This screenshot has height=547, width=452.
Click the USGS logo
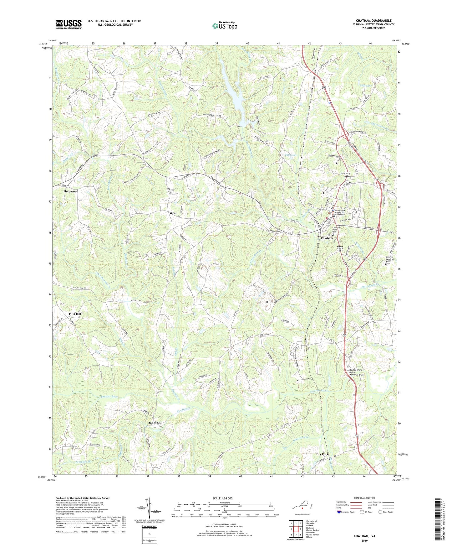69,24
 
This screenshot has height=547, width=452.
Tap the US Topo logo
224,26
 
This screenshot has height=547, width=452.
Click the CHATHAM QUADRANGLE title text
373,21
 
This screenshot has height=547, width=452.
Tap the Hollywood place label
71,191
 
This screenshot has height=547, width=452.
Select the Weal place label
173,213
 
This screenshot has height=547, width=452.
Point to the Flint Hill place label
75,314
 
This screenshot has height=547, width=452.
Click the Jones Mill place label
155,423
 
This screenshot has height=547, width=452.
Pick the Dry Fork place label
322,454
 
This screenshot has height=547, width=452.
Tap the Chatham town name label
327,238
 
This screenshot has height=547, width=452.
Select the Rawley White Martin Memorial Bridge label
357,372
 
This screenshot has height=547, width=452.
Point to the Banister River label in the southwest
109,397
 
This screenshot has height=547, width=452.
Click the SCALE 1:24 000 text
224,498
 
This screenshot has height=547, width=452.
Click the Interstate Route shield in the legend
340,512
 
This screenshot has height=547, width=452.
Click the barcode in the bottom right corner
438,520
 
